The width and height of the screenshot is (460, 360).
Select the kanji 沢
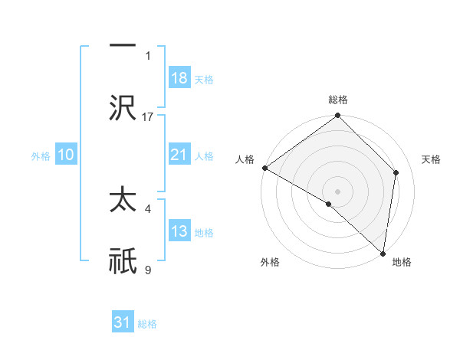pyautogui.click(x=123, y=110)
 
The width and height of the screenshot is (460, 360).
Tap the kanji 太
pyautogui.click(x=123, y=201)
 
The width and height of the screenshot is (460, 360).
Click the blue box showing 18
pyautogui.click(x=179, y=78)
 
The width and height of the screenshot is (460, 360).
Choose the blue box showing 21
pyautogui.click(x=179, y=155)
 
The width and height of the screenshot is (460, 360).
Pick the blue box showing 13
pyautogui.click(x=179, y=231)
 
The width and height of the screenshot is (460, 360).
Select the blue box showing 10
pyautogui.click(x=66, y=155)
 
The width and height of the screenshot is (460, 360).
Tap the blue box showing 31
pyautogui.click(x=123, y=322)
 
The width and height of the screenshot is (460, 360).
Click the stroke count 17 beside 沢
pyautogui.click(x=148, y=117)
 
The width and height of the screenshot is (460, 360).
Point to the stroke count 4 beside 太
pyautogui.click(x=148, y=208)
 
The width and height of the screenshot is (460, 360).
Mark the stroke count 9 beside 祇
pyautogui.click(x=148, y=270)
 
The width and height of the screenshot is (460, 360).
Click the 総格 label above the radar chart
pyautogui.click(x=338, y=100)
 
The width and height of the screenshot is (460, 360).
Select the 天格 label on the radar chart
pyautogui.click(x=432, y=159)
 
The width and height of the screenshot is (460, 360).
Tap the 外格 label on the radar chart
pyautogui.click(x=270, y=263)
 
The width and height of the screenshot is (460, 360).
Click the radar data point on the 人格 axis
pyautogui.click(x=264, y=168)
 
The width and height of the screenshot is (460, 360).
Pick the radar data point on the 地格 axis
pyautogui.click(x=383, y=253)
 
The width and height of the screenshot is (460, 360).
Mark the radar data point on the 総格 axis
pyautogui.click(x=338, y=116)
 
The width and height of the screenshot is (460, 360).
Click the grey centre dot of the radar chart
pyautogui.click(x=338, y=191)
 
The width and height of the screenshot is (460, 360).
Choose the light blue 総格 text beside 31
pyautogui.click(x=147, y=324)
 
